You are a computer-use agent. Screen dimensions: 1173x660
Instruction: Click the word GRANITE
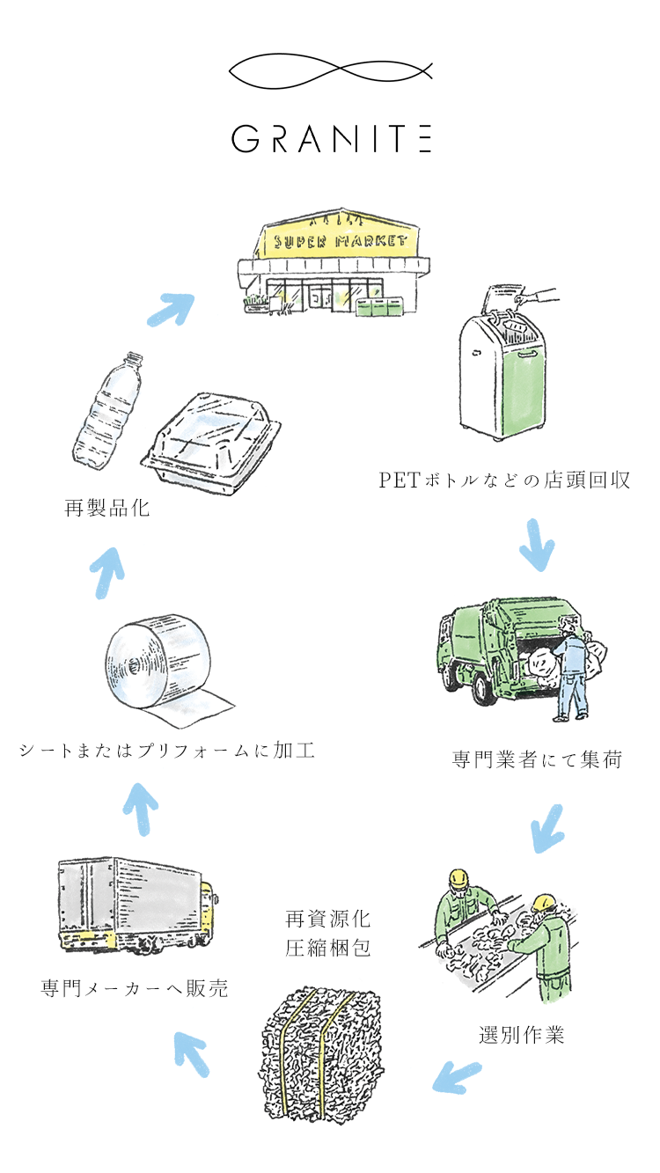click(x=331, y=139)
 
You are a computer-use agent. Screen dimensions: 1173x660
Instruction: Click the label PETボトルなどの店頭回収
click(x=504, y=480)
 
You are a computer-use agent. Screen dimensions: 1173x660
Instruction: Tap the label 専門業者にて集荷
click(x=537, y=759)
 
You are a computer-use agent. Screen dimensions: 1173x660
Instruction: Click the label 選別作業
click(x=522, y=1035)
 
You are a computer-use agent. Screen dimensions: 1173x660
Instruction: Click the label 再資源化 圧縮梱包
click(x=328, y=935)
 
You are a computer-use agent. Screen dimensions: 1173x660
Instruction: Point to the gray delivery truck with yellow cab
click(x=136, y=906)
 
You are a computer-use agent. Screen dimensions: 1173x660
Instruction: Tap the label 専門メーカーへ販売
click(x=135, y=988)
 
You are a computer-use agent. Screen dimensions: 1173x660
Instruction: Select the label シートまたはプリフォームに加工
click(x=166, y=751)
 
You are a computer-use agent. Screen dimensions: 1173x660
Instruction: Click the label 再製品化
click(x=107, y=508)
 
